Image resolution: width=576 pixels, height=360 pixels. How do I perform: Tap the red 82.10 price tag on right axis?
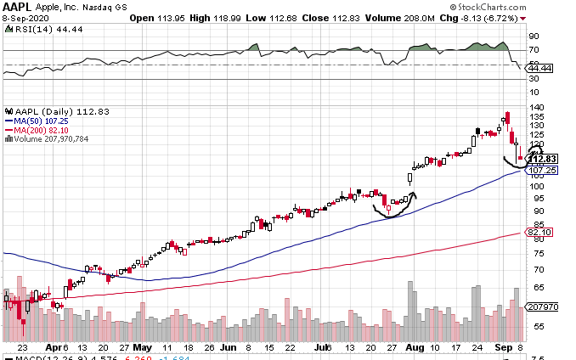click(540, 232)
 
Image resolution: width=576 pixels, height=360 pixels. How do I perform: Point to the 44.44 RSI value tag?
click(540, 68)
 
